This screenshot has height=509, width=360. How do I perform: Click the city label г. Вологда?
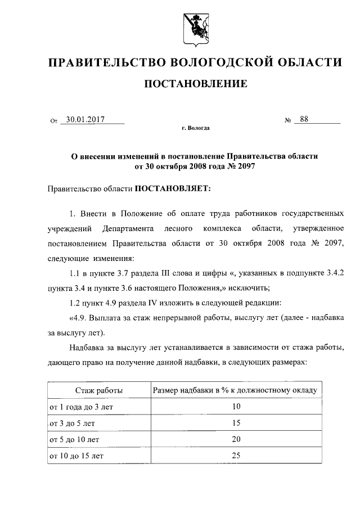tap(196, 129)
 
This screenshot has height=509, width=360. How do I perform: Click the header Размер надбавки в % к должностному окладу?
tap(236, 390)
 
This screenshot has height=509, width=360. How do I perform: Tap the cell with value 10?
tap(236, 407)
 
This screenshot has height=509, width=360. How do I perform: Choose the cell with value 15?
tap(236, 423)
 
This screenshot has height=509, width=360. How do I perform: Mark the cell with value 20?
tap(236, 439)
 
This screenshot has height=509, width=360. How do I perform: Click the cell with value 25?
tap(236, 456)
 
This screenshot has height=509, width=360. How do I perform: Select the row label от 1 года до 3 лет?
tap(82, 407)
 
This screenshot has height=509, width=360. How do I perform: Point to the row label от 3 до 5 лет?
tap(74, 423)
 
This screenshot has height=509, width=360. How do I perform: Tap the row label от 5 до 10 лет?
tap(76, 439)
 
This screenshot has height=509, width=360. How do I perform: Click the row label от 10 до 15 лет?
tap(78, 456)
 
